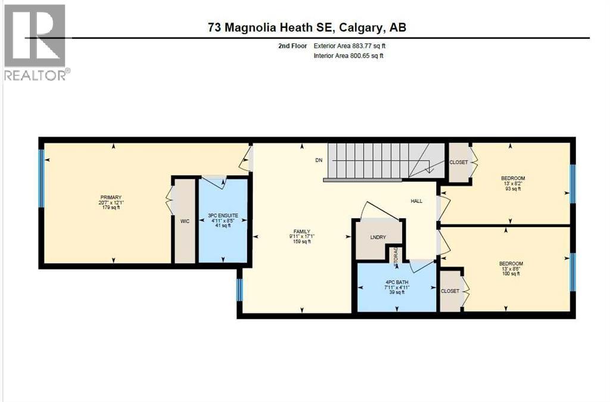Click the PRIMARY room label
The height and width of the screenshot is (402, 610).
(111, 197)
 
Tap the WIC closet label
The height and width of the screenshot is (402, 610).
(184, 220)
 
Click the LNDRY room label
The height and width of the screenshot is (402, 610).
(378, 237)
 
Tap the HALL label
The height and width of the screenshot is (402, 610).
(416, 201)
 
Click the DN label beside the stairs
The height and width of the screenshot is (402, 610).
(319, 160)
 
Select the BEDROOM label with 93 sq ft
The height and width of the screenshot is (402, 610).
(512, 178)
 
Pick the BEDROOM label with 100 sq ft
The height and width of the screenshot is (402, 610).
(511, 264)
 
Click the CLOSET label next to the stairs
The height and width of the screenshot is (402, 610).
(459, 162)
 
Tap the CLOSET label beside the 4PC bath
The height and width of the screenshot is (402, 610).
(450, 291)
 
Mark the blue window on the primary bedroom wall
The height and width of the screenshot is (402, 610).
(42, 178)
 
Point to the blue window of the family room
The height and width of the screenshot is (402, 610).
(239, 290)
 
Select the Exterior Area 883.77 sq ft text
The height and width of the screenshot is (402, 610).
(354, 45)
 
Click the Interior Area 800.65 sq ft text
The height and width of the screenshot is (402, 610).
(348, 56)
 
